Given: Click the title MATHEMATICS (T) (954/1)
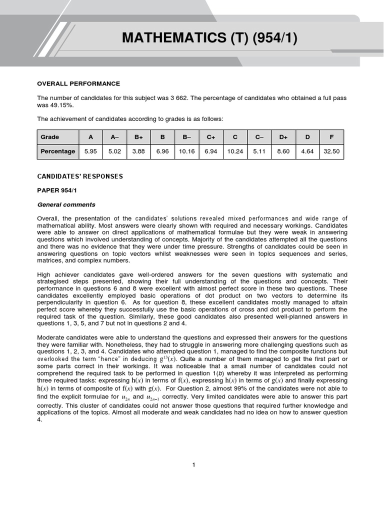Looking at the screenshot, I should pyautogui.click(x=210, y=38).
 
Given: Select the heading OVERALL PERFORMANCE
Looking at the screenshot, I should pyautogui.click(x=78, y=83).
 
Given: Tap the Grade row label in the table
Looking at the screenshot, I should pyautogui.click(x=49, y=137).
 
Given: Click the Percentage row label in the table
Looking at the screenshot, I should pyautogui.click(x=57, y=151).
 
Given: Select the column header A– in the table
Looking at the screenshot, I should pyautogui.click(x=114, y=137).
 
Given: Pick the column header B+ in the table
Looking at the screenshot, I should pyautogui.click(x=138, y=137).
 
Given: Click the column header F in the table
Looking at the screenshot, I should pyautogui.click(x=331, y=137).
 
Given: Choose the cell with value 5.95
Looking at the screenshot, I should pyautogui.click(x=90, y=151).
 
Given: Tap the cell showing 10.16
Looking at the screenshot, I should pyautogui.click(x=186, y=151).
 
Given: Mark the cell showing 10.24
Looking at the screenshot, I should pyautogui.click(x=235, y=151).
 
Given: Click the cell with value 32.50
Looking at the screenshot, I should pyautogui.click(x=331, y=151).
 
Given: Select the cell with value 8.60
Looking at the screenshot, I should pyautogui.click(x=283, y=151).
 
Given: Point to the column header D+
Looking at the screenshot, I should pyautogui.click(x=283, y=137).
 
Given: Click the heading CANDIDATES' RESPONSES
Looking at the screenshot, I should pyautogui.click(x=80, y=176).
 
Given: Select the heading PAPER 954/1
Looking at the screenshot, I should pyautogui.click(x=57, y=190).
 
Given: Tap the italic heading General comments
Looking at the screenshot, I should pyautogui.click(x=66, y=204).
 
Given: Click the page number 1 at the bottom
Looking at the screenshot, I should pyautogui.click(x=193, y=465).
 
